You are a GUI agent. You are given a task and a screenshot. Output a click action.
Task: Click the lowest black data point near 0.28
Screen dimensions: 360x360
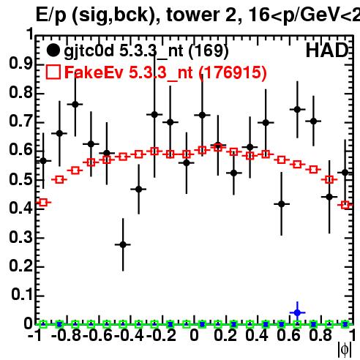coord(123,244)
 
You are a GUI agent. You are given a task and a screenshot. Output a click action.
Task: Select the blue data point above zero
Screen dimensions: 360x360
coord(297,312)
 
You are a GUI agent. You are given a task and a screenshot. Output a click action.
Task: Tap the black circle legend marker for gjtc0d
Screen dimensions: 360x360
coord(53,50)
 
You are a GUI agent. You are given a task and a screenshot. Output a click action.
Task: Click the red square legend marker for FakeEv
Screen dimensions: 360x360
coord(53,72)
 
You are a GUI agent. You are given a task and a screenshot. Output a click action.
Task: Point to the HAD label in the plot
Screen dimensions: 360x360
coord(326,50)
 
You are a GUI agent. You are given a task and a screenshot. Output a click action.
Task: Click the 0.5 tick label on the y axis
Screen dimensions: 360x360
coord(20,180)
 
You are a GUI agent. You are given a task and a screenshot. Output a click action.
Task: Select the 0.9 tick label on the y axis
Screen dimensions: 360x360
coord(20,64)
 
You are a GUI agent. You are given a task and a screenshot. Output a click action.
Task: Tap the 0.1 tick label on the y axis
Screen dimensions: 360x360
coord(22,295)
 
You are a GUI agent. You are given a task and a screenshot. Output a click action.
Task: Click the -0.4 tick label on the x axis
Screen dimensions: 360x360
coord(129,336)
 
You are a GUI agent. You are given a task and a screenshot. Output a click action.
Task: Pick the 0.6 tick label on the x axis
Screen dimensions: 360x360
coord(289,336)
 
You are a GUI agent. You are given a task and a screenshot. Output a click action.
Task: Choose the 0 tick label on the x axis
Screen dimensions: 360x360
coord(194,336)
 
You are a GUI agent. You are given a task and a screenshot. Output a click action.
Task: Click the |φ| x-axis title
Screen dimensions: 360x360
coord(345,350)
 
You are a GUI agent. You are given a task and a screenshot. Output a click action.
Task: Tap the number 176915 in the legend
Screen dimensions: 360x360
coord(233,72)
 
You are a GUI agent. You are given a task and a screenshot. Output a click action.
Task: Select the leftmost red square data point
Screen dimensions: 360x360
coord(43,202)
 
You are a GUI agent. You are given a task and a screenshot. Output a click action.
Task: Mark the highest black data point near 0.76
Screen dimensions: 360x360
coord(75,105)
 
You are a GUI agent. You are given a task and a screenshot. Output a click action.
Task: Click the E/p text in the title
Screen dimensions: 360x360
coord(51,15)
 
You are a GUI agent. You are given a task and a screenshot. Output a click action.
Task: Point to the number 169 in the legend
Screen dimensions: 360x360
coord(209,50)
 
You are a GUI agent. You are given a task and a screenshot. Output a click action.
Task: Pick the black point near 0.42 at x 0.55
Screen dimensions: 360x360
coord(282,204)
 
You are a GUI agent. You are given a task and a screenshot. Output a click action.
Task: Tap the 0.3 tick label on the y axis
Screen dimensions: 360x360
coord(20,237)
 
